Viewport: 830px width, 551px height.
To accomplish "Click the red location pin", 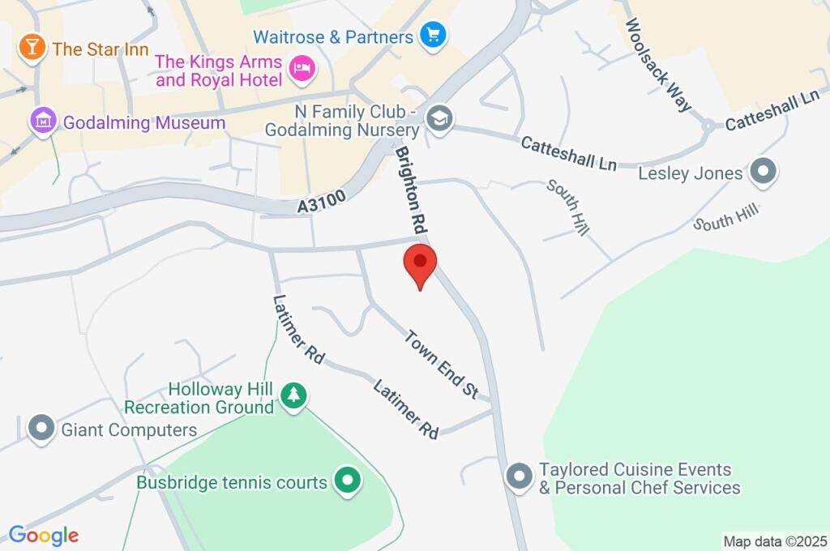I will [x=421, y=263].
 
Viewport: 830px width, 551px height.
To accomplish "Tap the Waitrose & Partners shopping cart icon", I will [x=434, y=35].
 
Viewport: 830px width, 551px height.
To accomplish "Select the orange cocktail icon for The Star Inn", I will [x=32, y=47].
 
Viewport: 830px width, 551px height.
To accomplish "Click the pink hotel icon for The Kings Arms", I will [x=302, y=70].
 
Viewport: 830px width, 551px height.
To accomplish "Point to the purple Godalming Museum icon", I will [x=42, y=122].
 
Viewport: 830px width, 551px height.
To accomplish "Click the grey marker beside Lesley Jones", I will [x=763, y=172].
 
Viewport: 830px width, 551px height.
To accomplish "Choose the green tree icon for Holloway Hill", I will [x=293, y=396].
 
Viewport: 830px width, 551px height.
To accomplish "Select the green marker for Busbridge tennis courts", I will [x=348, y=481].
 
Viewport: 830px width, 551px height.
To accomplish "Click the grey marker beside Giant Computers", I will [x=41, y=429].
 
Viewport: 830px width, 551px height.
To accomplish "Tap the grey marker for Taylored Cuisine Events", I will [x=519, y=477].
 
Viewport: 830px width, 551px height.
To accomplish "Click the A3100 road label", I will [x=317, y=206].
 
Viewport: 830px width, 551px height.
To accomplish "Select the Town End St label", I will [x=441, y=364].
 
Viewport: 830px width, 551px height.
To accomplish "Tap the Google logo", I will [x=44, y=536].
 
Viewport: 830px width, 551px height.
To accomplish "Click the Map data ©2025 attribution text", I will [x=775, y=541].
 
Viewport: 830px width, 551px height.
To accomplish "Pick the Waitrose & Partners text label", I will [x=333, y=37].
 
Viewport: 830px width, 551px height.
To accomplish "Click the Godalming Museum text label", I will [x=143, y=123].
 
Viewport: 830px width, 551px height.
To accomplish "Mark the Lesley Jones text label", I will [x=691, y=173].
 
